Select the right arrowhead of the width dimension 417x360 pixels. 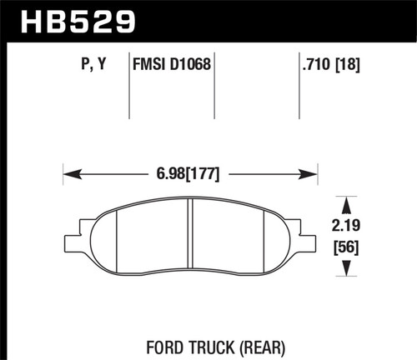(310, 175)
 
